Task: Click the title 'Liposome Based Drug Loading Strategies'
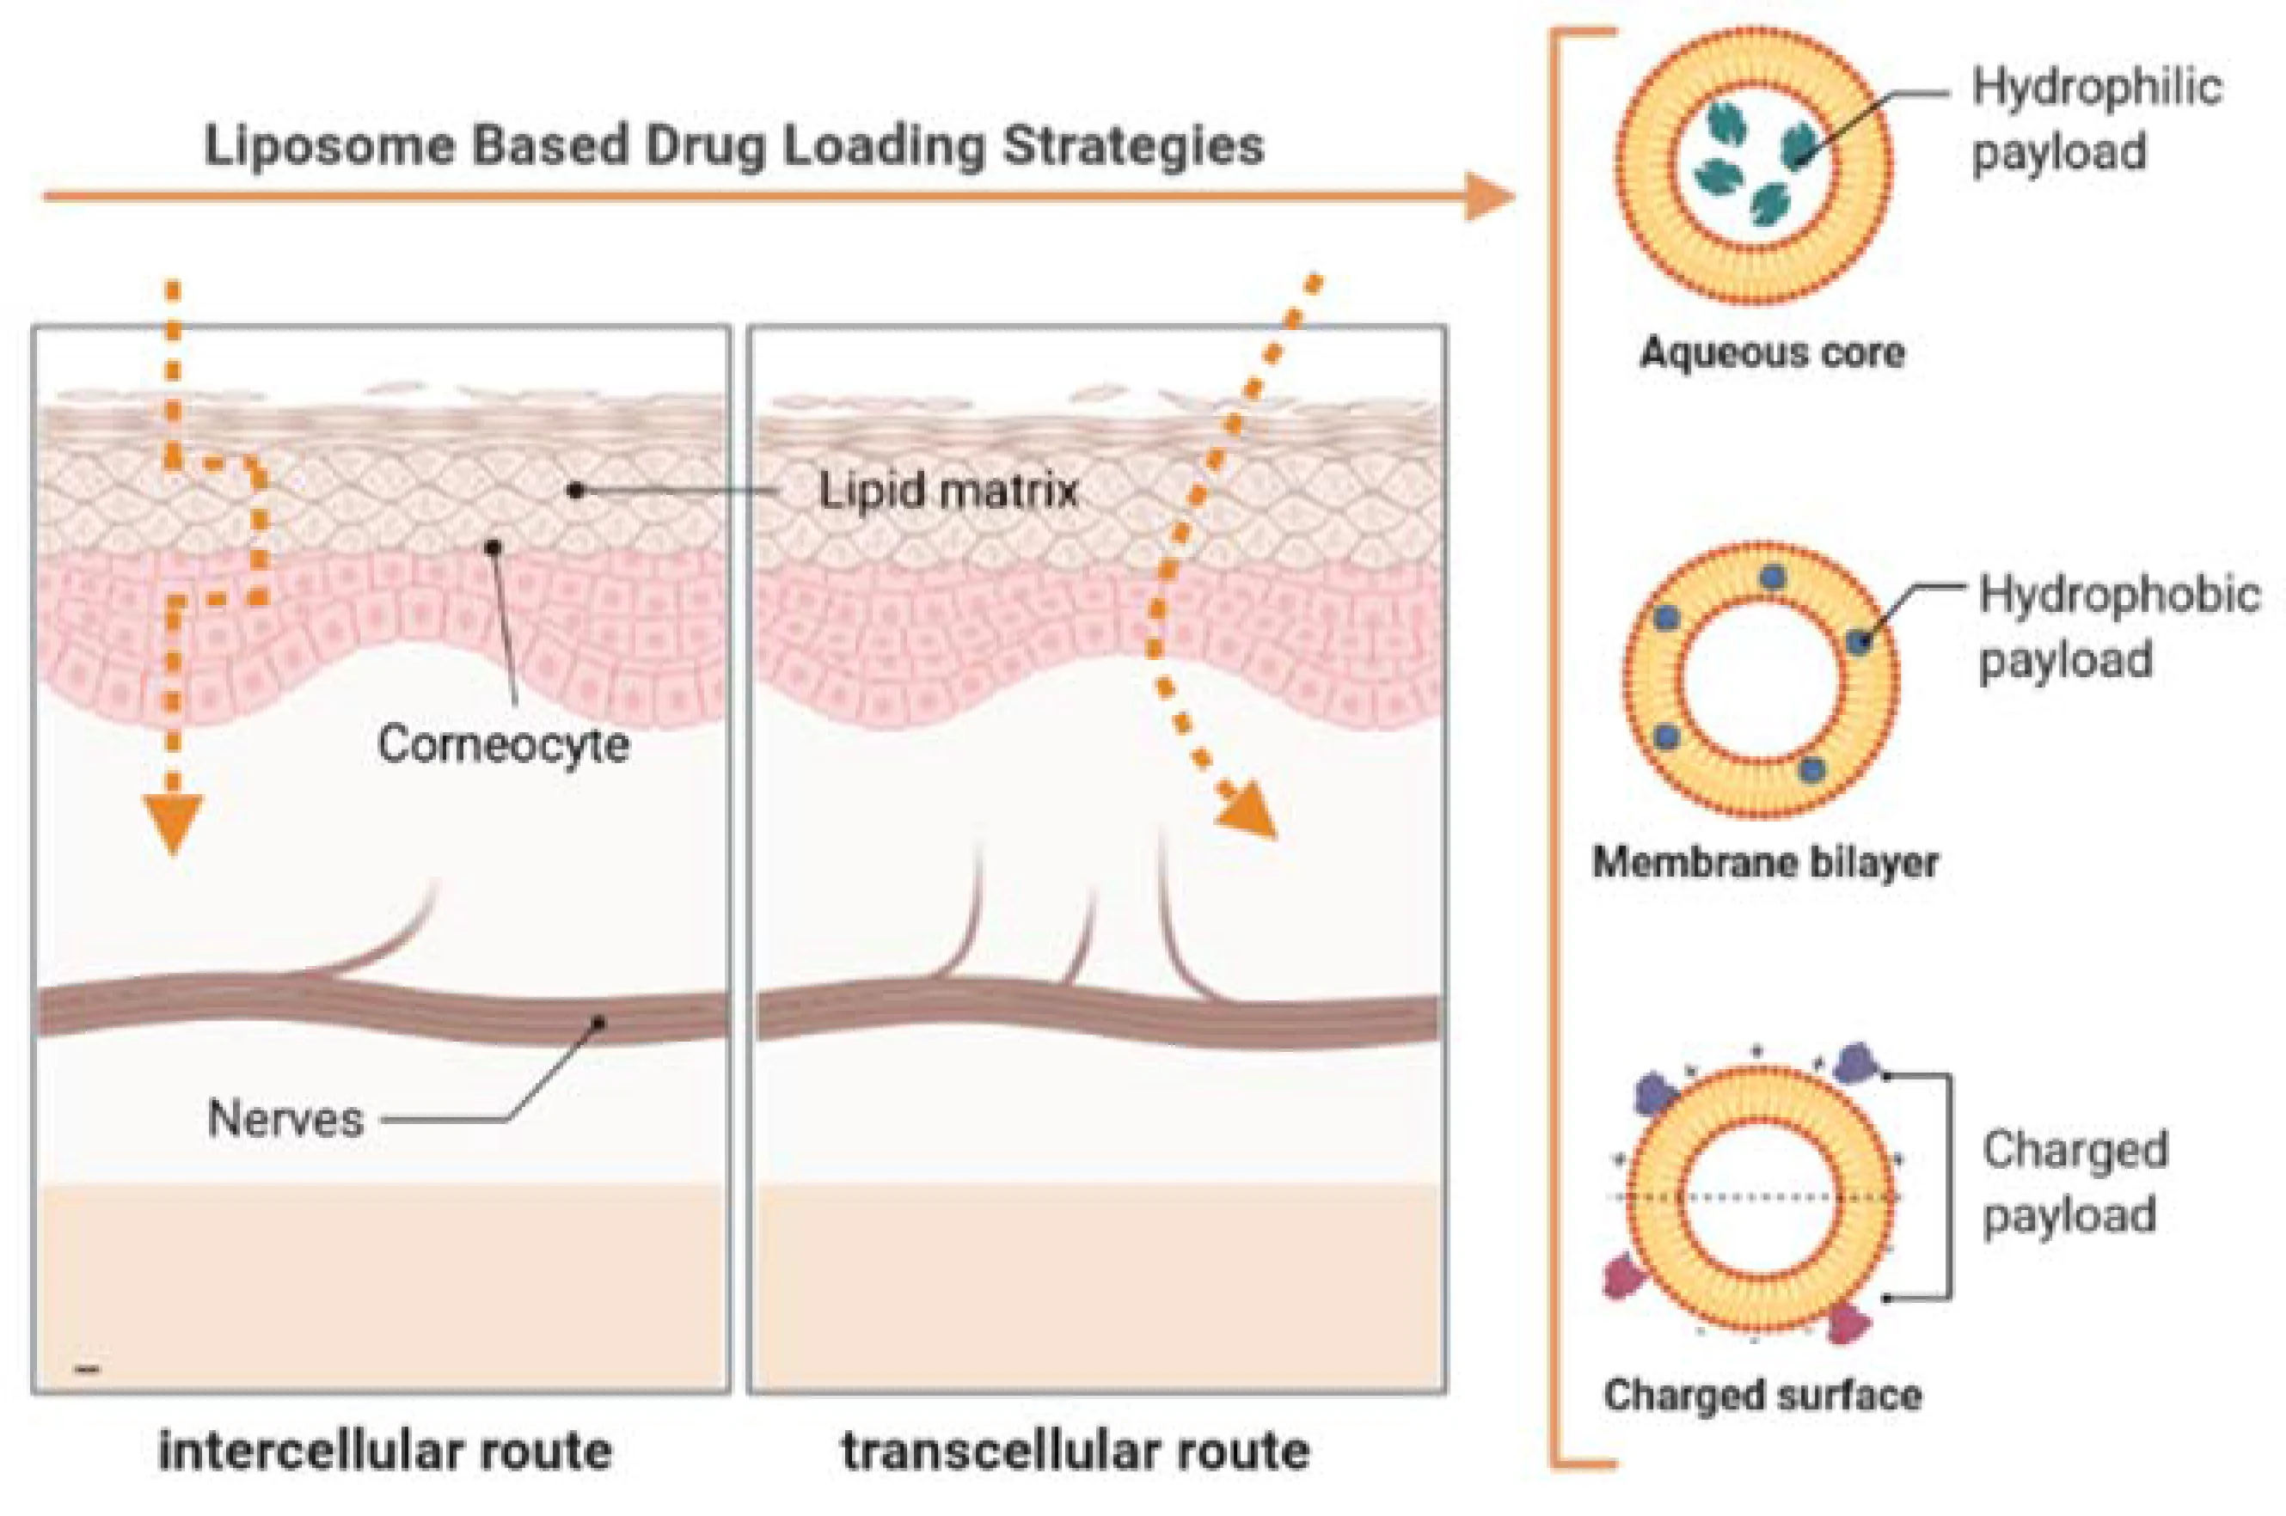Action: (x=734, y=147)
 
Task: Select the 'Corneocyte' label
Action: (x=503, y=744)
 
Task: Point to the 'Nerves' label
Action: (x=285, y=1119)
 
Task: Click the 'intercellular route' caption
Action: (x=385, y=1452)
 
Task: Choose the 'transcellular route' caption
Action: (x=1076, y=1452)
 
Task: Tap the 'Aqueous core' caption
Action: (x=1772, y=352)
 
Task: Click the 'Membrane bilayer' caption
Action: (x=1765, y=861)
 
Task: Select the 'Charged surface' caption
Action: (x=1762, y=1394)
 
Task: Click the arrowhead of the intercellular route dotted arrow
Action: (x=172, y=822)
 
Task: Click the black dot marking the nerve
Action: (x=599, y=1022)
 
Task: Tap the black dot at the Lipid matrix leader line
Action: (x=575, y=492)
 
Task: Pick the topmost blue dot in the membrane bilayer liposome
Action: (x=1772, y=578)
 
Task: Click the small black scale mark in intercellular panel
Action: (x=87, y=1369)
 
